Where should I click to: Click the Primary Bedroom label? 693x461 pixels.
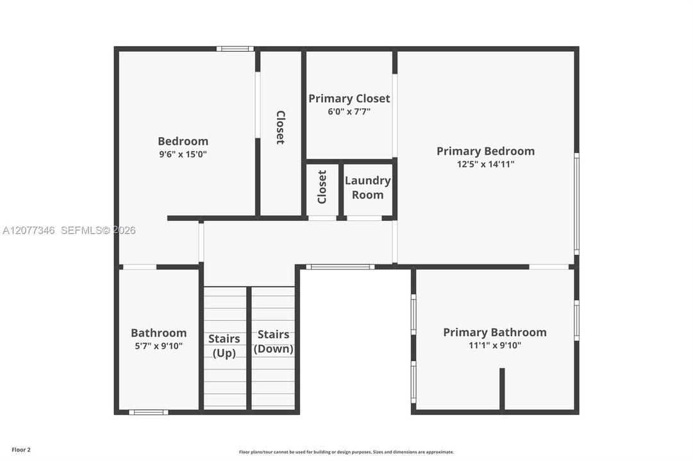pos(485,151)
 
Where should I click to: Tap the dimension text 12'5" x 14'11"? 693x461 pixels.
pos(485,165)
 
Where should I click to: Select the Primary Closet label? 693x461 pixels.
pos(349,99)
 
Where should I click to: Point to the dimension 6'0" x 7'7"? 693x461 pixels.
pos(349,111)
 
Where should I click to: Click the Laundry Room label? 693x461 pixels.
pos(368,188)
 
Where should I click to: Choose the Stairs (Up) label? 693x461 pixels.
pos(224,346)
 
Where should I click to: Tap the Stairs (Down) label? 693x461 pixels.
pos(274,341)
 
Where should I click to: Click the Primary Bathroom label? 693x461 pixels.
pos(494,332)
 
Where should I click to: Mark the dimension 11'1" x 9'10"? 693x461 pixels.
pos(494,345)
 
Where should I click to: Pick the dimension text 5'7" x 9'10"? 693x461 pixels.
pos(158,346)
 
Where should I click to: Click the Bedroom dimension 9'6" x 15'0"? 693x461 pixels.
pos(183,154)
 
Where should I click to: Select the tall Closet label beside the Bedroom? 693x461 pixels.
pos(281,127)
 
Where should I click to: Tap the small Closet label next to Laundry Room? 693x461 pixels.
pos(322,187)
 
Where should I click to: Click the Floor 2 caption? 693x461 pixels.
pos(21,450)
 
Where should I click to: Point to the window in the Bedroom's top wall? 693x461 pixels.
pos(235,49)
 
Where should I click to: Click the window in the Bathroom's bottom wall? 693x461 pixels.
pos(149,412)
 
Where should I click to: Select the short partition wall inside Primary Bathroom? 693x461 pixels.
pos(502,389)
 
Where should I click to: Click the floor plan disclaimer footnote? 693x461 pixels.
pos(346,452)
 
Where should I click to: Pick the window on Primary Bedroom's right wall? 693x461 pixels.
pos(577,204)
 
